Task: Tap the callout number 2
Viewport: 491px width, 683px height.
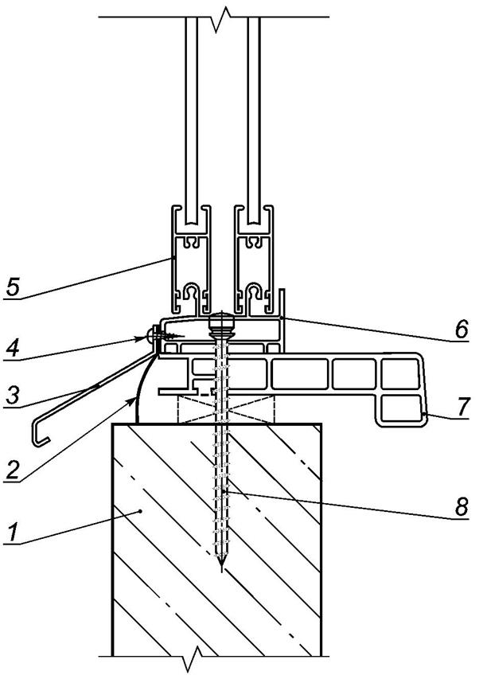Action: (x=10, y=468)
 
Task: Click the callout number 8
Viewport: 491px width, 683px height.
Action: (x=461, y=507)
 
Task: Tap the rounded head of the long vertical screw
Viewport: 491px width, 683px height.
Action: (x=221, y=324)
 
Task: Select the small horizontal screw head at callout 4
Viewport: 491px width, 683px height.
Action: (x=150, y=337)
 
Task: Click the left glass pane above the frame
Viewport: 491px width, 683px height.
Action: (x=191, y=111)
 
